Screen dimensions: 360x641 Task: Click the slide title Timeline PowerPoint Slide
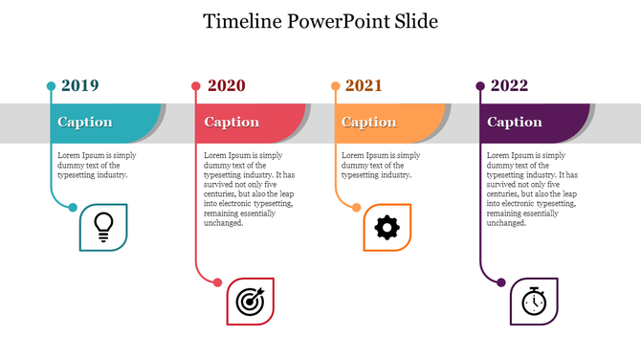[x=320, y=21]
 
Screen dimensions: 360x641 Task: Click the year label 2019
[x=79, y=86]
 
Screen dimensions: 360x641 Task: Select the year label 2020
[x=226, y=86]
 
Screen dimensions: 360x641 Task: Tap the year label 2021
[x=364, y=86]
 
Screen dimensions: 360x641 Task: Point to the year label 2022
[x=509, y=86]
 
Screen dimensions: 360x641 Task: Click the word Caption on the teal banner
[x=85, y=123]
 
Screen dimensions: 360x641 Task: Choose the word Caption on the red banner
[x=232, y=123]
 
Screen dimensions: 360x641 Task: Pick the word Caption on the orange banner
[x=369, y=123]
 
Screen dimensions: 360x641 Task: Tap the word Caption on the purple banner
[x=515, y=123]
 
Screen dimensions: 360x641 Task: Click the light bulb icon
[x=103, y=227]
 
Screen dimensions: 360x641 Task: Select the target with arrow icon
[x=250, y=302]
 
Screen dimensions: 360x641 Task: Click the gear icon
[x=387, y=227]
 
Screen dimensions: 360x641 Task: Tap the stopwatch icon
[x=534, y=302]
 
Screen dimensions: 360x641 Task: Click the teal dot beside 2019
[x=51, y=86]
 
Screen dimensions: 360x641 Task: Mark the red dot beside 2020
[x=196, y=86]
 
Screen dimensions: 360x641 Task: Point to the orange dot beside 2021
[x=335, y=86]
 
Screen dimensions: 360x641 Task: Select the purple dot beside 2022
[x=480, y=86]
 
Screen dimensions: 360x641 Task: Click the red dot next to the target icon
[x=218, y=282]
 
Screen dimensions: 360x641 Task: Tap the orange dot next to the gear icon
[x=357, y=208]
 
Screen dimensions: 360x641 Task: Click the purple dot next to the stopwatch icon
[x=501, y=282]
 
